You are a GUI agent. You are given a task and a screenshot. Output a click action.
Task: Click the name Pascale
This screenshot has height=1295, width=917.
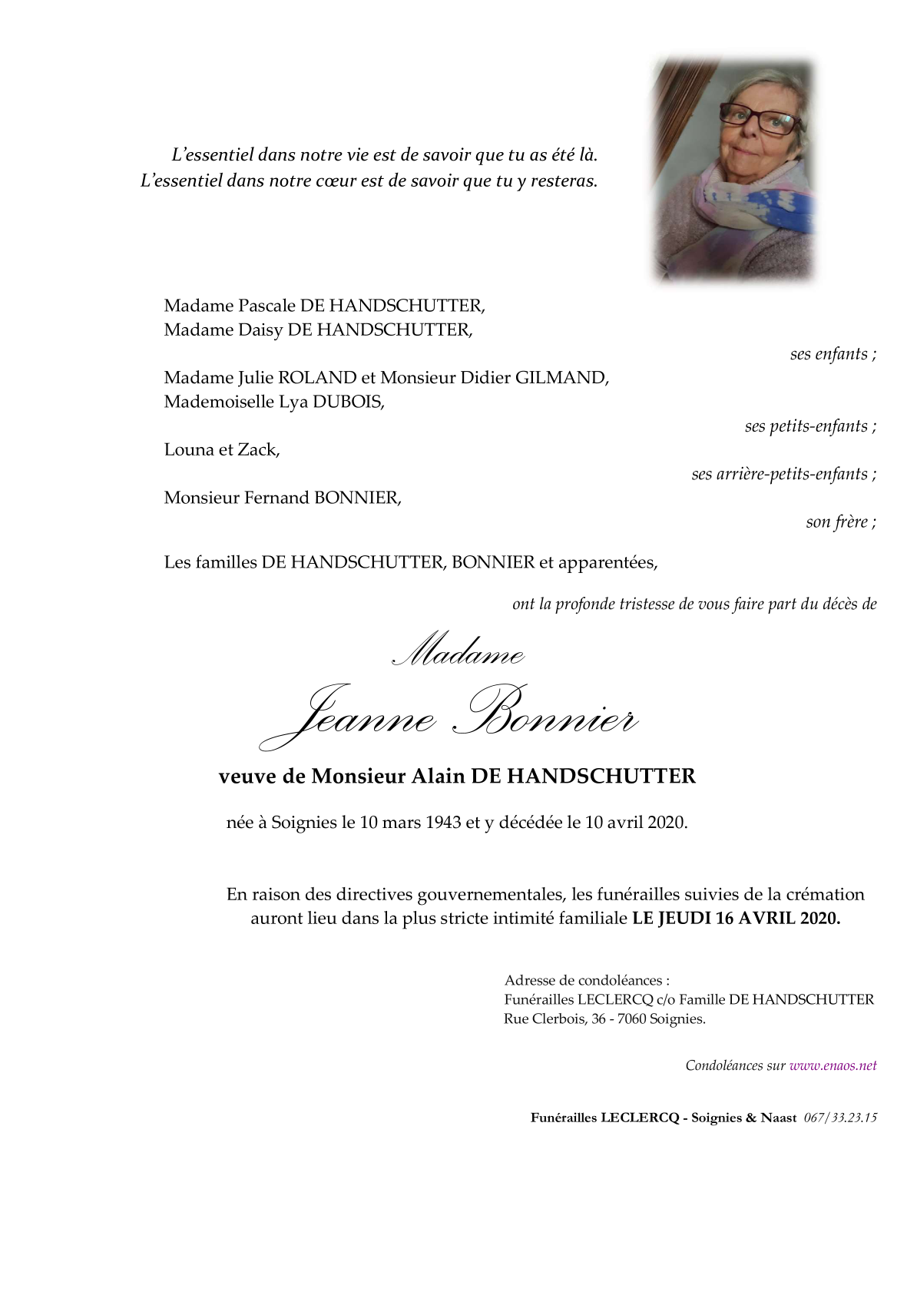[x=266, y=306]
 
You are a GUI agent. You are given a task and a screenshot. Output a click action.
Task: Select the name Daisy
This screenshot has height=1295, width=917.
[x=260, y=330]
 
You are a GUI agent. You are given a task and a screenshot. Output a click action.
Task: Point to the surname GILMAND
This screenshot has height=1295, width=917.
[x=561, y=377]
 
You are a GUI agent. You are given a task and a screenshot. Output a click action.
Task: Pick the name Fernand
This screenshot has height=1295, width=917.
[x=277, y=498]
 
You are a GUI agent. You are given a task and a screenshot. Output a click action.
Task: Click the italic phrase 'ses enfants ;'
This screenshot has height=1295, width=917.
[x=833, y=353]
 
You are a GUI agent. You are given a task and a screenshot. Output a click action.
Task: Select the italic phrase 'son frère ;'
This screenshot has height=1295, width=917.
[x=840, y=522]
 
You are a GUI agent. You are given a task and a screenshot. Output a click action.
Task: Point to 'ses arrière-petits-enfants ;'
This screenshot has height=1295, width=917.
[x=783, y=474]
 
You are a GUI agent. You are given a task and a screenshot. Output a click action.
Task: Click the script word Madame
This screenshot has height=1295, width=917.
[x=458, y=651]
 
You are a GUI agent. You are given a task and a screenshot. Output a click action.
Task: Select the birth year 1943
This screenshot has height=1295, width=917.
[x=443, y=823]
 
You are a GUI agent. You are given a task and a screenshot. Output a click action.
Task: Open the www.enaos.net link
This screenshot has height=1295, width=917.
[x=833, y=1065]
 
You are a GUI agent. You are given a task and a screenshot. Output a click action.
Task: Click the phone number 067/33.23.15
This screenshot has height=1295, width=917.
[x=840, y=1118]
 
